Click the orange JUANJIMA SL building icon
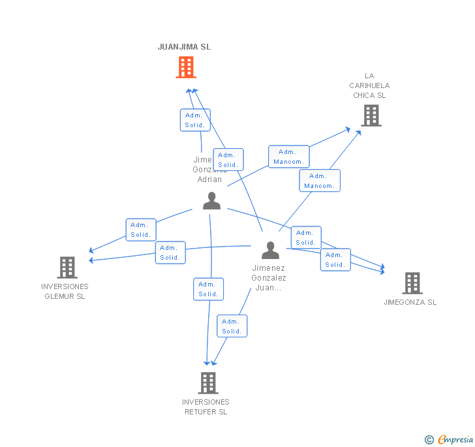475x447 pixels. coord(186,67)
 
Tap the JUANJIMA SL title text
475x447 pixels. coord(184,47)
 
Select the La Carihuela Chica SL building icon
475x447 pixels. coord(371,116)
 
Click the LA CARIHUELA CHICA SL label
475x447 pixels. coord(369,85)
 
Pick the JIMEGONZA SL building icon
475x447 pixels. coord(412,283)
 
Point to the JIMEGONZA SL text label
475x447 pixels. coord(410,302)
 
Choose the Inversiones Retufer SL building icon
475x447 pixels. coord(207,383)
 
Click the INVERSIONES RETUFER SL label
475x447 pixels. coord(206,407)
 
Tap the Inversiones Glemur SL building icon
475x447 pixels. coord(67,268)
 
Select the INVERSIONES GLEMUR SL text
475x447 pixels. coord(65,291)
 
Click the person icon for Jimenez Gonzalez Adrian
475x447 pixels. coord(211,201)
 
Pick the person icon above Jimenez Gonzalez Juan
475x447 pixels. coord(270,251)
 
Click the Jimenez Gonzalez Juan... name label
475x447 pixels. coord(269,277)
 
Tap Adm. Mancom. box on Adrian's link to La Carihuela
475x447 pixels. coord(288,157)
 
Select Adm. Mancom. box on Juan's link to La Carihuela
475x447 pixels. coord(319,181)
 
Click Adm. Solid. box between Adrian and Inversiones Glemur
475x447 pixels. coord(140,230)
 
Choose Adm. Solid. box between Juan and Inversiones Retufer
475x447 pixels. coord(232,326)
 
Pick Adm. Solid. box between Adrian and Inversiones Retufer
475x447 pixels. coord(208,289)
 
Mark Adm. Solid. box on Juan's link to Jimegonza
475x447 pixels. coord(335,260)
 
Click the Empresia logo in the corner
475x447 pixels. coord(450,440)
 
